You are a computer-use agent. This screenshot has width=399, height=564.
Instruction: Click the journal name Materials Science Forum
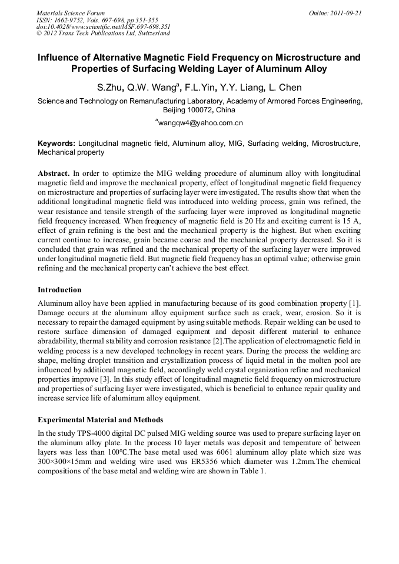click(71, 13)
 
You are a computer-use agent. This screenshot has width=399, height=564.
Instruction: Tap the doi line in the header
click(104, 26)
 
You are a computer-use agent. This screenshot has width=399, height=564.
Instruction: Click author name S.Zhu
click(109, 88)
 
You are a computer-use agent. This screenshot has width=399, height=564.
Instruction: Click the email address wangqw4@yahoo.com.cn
click(200, 123)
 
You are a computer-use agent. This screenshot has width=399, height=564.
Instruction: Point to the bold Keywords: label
click(56, 143)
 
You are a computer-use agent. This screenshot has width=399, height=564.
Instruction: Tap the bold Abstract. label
click(54, 173)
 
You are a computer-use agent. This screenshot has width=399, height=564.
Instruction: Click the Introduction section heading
click(59, 289)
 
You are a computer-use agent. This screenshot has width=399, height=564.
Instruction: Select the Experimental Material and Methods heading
click(100, 420)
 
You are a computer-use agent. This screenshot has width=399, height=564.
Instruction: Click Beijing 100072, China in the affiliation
click(199, 110)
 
